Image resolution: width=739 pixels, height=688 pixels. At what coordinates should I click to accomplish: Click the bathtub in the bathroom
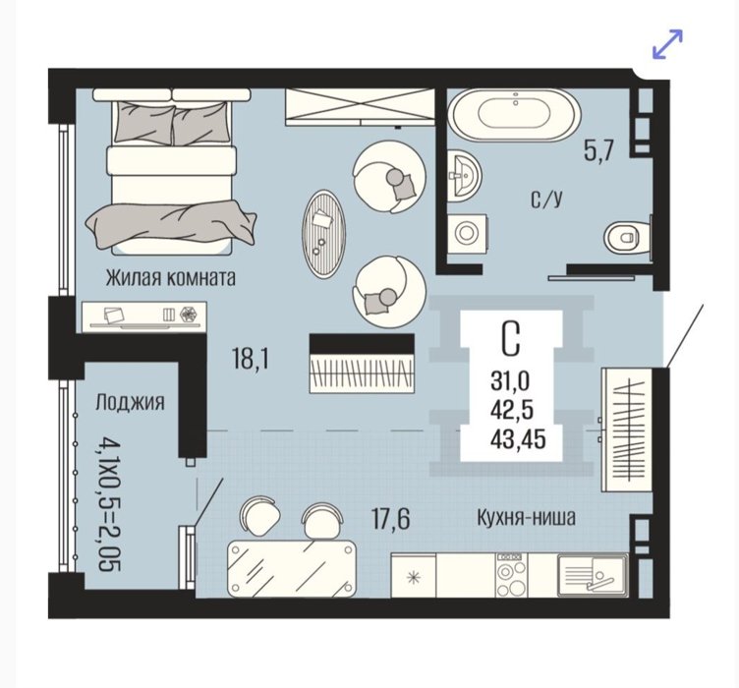[514, 115]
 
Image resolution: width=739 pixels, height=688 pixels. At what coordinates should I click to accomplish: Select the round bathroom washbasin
[463, 176]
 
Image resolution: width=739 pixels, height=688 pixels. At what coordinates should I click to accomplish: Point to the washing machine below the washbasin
[467, 233]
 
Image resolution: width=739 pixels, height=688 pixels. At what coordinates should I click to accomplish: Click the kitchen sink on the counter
[593, 574]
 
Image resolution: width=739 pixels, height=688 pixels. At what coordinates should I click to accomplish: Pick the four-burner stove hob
[512, 574]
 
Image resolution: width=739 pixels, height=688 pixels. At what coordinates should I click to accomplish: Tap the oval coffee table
[323, 234]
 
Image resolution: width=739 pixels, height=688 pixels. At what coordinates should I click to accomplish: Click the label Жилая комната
[170, 278]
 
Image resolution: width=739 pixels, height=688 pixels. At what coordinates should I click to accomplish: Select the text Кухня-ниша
[527, 518]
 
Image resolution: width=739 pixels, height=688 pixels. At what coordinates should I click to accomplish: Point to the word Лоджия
[130, 403]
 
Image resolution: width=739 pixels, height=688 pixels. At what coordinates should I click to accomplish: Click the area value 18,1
[251, 359]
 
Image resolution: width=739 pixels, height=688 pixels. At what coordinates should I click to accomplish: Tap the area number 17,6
[391, 519]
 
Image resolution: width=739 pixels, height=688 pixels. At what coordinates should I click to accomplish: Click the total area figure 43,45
[518, 439]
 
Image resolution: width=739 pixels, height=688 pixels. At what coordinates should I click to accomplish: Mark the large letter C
[511, 338]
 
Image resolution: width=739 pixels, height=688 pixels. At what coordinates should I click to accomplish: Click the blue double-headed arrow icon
[667, 44]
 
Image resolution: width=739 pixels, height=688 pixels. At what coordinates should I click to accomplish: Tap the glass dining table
[292, 569]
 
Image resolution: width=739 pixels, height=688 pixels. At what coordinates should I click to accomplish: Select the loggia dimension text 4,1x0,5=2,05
[110, 503]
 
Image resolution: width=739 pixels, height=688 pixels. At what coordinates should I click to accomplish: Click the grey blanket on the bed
[171, 224]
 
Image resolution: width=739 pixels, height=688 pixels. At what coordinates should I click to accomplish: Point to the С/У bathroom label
[546, 200]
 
